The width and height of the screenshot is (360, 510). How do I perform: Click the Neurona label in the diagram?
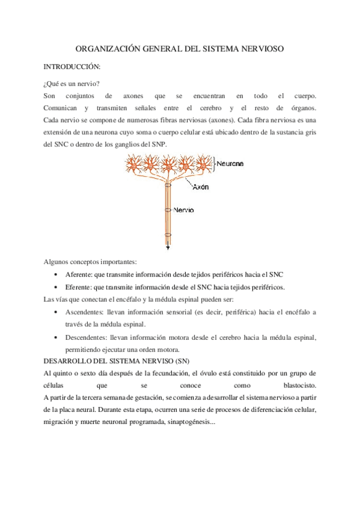(230, 162)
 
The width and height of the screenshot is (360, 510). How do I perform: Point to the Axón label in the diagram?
(201, 187)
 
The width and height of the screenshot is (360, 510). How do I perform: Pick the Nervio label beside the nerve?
(184, 210)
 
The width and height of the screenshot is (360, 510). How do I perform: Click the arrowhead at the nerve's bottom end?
(168, 248)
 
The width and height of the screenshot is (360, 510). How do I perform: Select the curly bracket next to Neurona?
(213, 162)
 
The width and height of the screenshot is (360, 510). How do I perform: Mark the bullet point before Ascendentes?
(56, 313)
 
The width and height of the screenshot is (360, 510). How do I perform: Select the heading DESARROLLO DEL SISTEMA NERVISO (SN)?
(117, 361)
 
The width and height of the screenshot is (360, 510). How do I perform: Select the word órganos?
(303, 108)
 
